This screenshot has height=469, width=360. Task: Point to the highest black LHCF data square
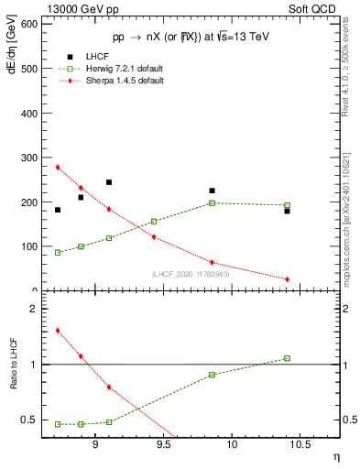109,182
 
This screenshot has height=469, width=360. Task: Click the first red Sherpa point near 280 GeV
58,167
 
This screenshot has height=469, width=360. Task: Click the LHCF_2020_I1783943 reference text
190,274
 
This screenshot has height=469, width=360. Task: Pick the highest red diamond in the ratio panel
58,331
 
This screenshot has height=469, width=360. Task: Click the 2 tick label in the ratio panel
33,310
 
